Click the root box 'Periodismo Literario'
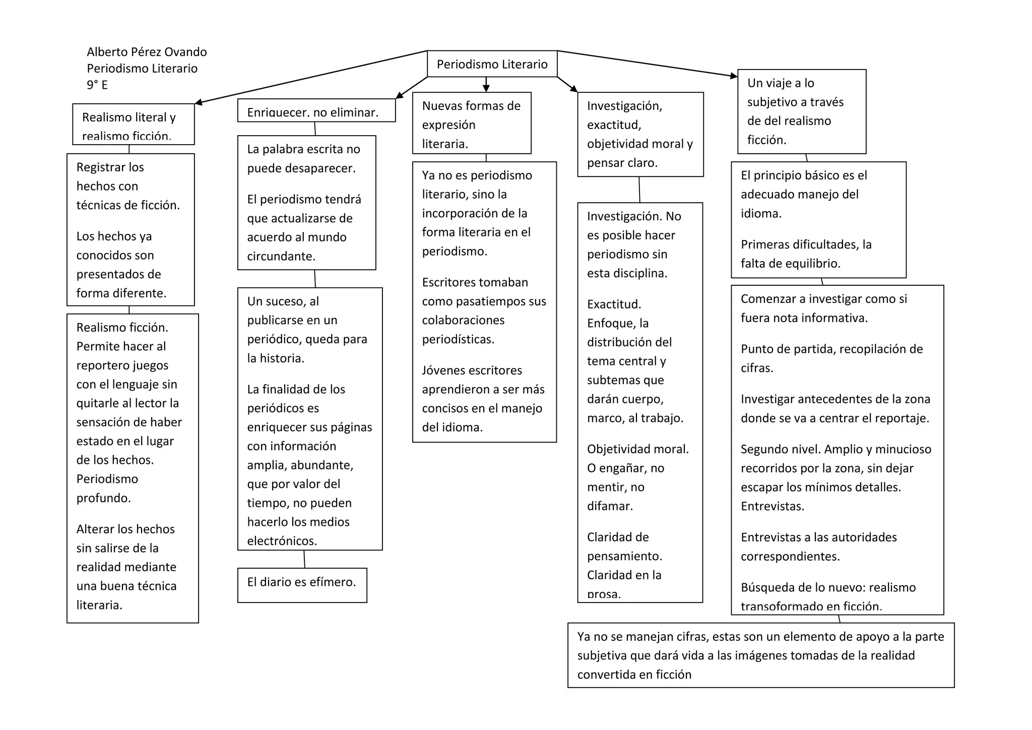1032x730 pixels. click(x=492, y=64)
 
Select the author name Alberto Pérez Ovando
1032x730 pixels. click(x=147, y=52)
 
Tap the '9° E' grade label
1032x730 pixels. click(x=97, y=85)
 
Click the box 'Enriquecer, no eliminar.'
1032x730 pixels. click(x=316, y=111)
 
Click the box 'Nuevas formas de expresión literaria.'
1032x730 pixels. click(x=471, y=124)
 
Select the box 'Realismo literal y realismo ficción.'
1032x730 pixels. click(x=133, y=125)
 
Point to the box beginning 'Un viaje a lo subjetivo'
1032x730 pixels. click(x=801, y=111)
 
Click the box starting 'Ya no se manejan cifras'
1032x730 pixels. click(x=760, y=655)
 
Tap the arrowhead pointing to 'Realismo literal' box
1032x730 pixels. click(x=199, y=103)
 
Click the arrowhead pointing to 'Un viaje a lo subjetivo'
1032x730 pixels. click(x=734, y=76)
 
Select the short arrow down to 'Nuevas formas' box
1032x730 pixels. click(x=486, y=85)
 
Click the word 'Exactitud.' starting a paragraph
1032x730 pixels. click(x=614, y=305)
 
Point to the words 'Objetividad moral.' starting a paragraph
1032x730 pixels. click(x=637, y=449)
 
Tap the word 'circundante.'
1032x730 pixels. click(x=281, y=256)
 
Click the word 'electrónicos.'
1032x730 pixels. click(x=282, y=541)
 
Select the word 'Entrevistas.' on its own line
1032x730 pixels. click(x=772, y=506)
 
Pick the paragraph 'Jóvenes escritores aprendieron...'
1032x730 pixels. click(x=483, y=399)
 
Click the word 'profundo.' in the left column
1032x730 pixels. click(x=103, y=498)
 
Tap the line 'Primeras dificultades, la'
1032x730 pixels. click(x=806, y=245)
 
